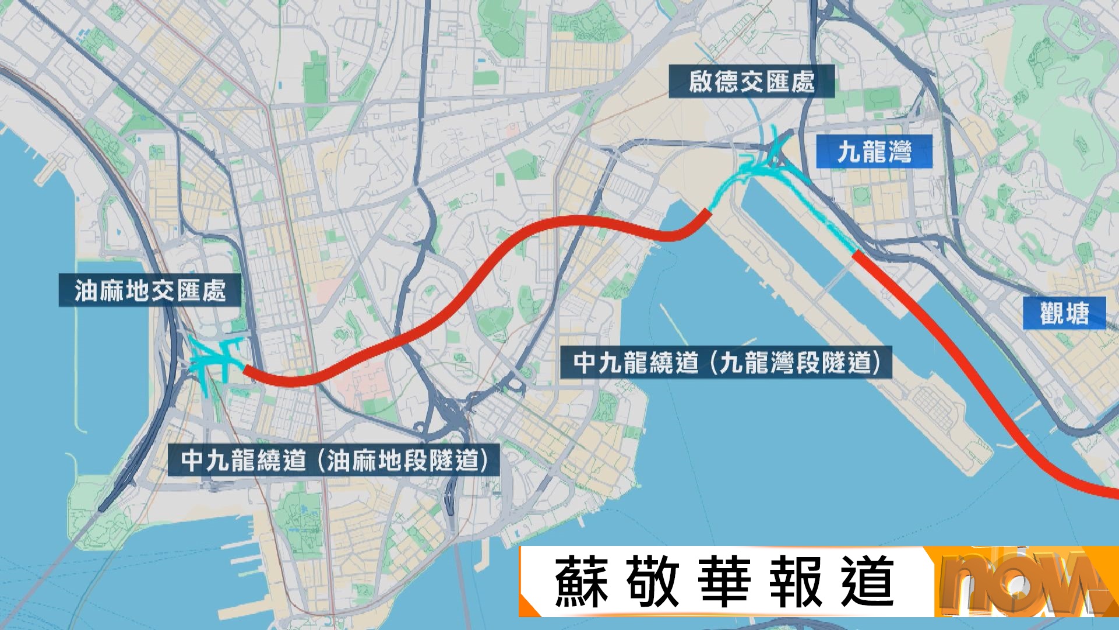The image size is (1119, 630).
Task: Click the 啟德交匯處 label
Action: pos(751,81)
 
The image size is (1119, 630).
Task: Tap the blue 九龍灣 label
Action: pos(874,152)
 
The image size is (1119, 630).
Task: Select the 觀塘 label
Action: pos(1064,313)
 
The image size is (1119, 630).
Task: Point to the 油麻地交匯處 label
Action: pos(150,290)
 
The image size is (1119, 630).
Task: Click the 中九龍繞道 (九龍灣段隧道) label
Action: pos(726,362)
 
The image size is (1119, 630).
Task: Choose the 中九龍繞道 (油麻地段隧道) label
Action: pos(333,460)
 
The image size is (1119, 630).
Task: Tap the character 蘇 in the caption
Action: pos(581,582)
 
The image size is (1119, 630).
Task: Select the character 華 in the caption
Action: pos(724,582)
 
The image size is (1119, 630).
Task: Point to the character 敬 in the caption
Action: pos(653,582)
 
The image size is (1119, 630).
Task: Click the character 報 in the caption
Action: pos(796,582)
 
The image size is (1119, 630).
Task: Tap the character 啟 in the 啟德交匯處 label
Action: pos(701,81)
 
